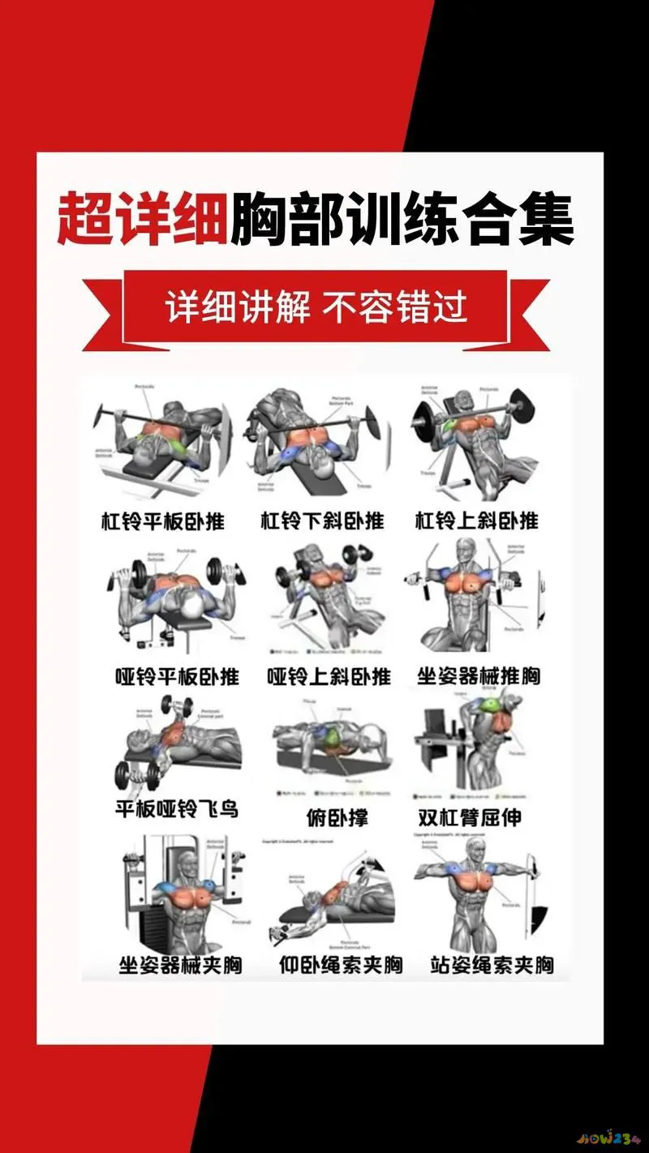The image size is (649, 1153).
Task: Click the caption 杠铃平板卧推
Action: click(x=162, y=520)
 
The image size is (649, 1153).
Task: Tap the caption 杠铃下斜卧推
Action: click(x=322, y=520)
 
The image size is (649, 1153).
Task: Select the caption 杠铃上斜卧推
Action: click(x=477, y=520)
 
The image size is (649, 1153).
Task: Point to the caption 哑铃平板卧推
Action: click(x=177, y=675)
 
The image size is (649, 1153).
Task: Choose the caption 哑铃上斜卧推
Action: click(x=329, y=675)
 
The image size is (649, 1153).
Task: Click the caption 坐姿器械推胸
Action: click(x=479, y=675)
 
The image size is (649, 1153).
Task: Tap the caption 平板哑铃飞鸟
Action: click(x=177, y=808)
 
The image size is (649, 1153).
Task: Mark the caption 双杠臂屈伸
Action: click(x=470, y=817)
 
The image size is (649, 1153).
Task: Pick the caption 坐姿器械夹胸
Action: click(x=180, y=965)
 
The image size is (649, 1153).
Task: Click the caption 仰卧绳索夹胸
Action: click(x=341, y=965)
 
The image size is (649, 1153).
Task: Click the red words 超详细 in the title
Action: click(x=141, y=219)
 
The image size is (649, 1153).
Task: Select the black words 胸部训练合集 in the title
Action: click(x=402, y=219)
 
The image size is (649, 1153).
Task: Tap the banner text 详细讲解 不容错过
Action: click(x=316, y=309)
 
